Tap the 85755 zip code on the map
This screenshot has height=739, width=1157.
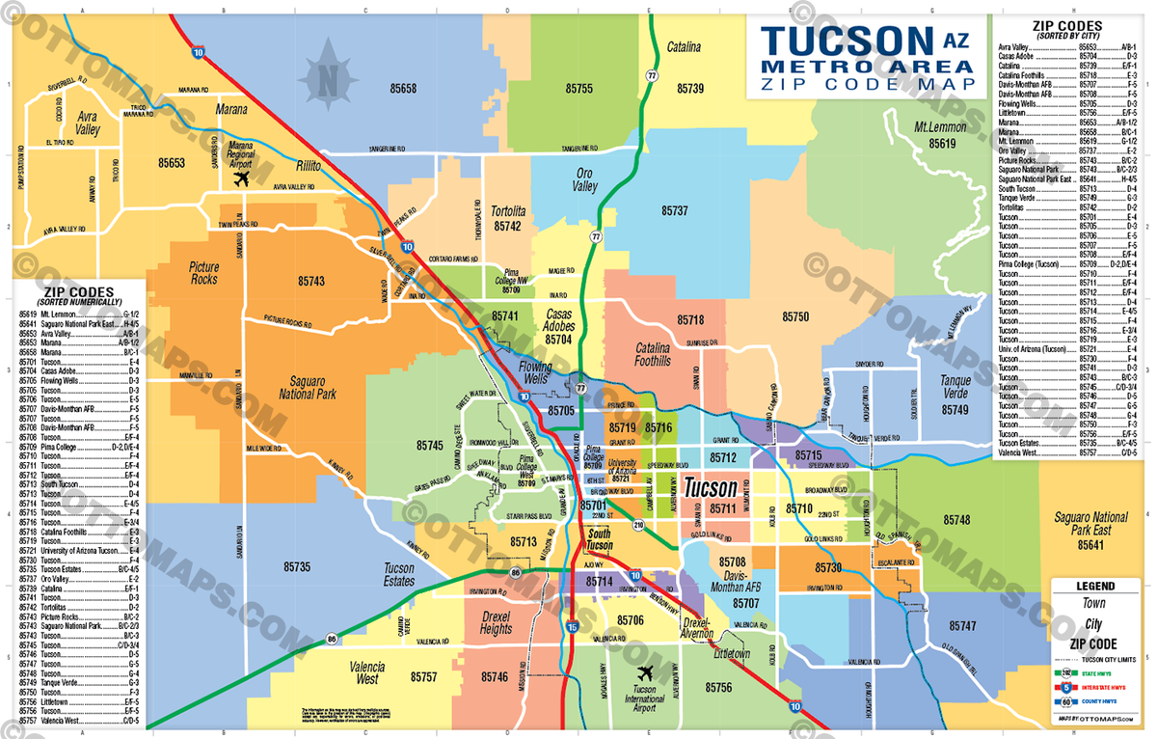click(578, 88)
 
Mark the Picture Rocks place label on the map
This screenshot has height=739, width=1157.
click(203, 273)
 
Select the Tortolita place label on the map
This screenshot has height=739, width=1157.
click(507, 211)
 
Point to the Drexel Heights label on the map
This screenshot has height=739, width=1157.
click(496, 623)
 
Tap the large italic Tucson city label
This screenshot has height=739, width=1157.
click(710, 488)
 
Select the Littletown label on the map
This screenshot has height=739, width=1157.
click(731, 654)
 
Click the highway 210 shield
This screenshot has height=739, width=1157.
click(638, 526)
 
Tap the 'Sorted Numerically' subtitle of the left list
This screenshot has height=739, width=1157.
click(79, 302)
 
